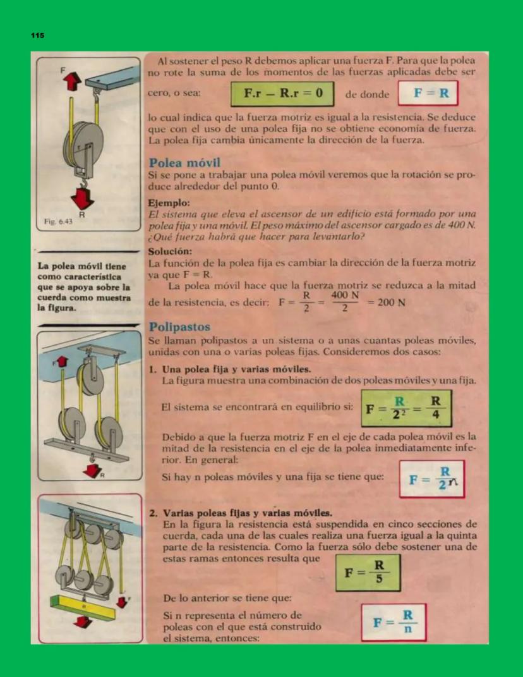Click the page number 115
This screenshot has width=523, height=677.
(38, 36)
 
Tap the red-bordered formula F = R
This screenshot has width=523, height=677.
(426, 94)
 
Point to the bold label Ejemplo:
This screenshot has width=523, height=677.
(168, 204)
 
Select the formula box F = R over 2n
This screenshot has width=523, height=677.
(431, 479)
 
